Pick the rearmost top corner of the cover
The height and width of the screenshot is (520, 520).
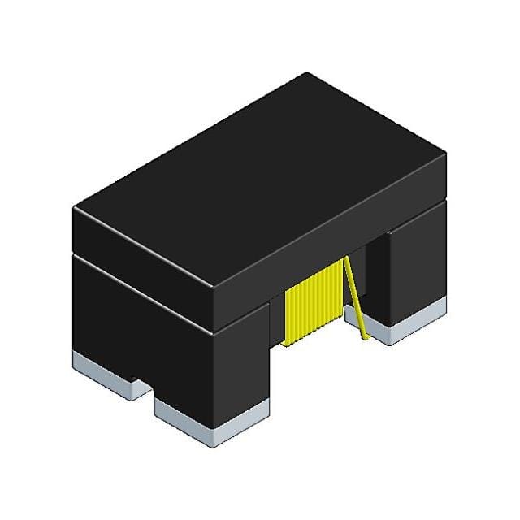pos(307,73)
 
